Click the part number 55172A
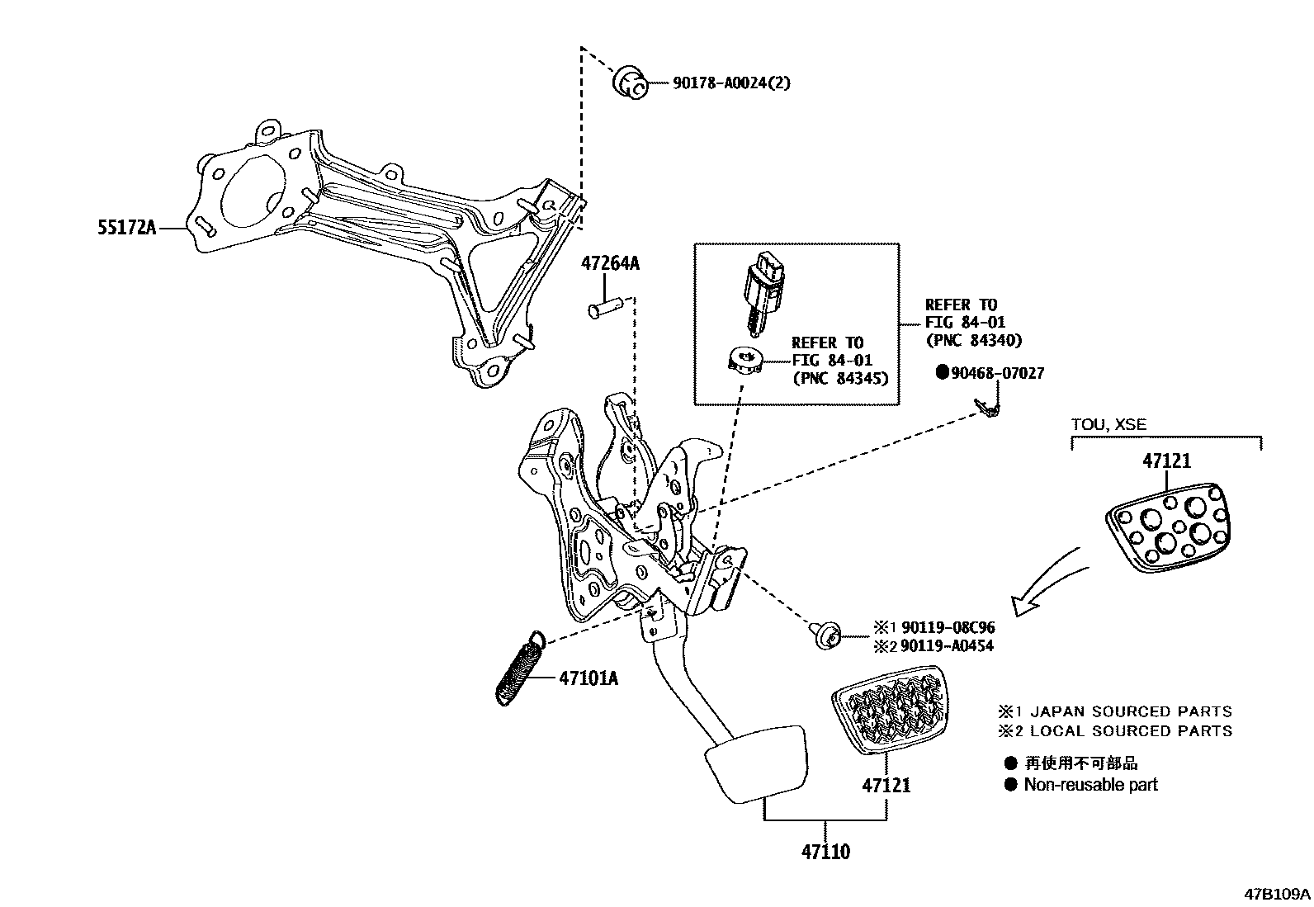pos(126,228)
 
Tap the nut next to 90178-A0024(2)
pos(631,84)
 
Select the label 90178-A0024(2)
pos(720,83)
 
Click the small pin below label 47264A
pos(604,309)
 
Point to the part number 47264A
pos(609,264)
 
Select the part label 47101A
pos(588,678)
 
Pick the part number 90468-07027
pos(997,373)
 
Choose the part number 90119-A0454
pos(947,645)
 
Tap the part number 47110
pos(825,851)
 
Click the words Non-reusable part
pos(1089,785)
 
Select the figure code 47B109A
pos(1278,894)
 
